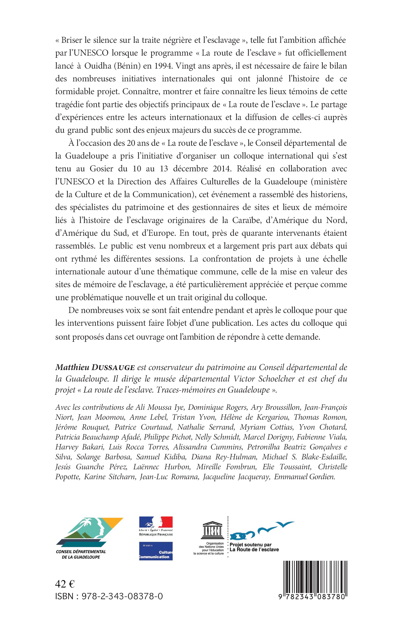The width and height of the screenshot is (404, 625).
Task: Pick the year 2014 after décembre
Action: tap(222, 168)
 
